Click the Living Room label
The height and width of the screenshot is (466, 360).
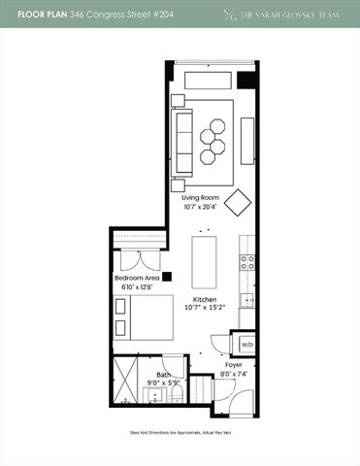(201, 197)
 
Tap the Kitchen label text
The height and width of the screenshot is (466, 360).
(205, 298)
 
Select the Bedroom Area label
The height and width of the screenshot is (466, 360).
(137, 278)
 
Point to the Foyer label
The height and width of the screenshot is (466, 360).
(234, 365)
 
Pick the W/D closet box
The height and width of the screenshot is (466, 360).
(246, 344)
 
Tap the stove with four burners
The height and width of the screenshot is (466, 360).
(248, 262)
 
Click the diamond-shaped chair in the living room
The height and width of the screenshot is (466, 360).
(239, 202)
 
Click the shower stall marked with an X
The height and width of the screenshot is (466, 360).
(125, 382)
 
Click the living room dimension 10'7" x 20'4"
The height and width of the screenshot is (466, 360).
(201, 207)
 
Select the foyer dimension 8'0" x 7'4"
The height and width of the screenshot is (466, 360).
(234, 374)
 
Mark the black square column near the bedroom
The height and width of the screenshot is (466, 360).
(167, 275)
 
